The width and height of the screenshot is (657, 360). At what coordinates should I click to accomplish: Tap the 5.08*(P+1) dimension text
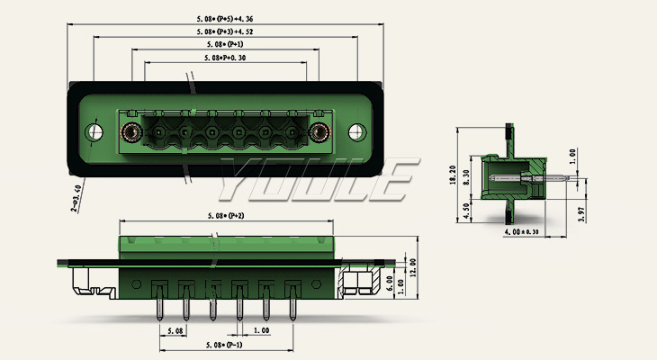point(224,44)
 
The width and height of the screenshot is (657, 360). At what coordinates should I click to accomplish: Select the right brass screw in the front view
point(319,135)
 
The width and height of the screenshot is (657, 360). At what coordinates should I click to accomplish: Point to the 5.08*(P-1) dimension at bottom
point(225,345)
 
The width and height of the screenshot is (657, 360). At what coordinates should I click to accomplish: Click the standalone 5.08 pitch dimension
point(177,330)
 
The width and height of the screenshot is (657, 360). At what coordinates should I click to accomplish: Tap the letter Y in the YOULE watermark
point(245,180)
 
